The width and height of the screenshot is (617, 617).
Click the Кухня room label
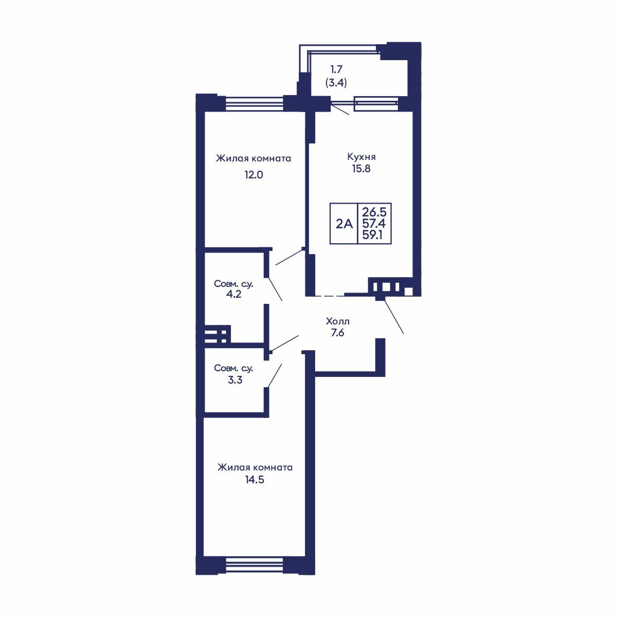(x=361, y=157)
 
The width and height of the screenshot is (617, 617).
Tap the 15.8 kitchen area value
(x=361, y=169)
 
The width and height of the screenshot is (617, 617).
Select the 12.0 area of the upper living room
(x=253, y=175)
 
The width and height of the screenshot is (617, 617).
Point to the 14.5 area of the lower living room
(x=255, y=480)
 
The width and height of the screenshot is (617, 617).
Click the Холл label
(x=337, y=321)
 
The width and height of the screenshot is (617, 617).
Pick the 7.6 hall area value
(x=337, y=333)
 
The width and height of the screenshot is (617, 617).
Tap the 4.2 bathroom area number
(x=234, y=294)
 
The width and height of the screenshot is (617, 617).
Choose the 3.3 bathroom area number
(x=235, y=380)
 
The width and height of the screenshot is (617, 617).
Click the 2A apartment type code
(x=344, y=224)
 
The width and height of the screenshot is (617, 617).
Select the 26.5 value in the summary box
(x=374, y=212)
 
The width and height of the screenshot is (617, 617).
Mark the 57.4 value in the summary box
(x=374, y=224)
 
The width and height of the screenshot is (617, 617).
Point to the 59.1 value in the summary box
(x=372, y=235)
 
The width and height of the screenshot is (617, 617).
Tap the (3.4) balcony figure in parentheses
(x=336, y=83)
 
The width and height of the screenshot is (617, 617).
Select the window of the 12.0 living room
(x=255, y=104)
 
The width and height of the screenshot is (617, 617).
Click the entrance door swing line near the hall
(x=394, y=316)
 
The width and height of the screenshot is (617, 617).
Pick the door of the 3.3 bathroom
(x=275, y=375)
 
